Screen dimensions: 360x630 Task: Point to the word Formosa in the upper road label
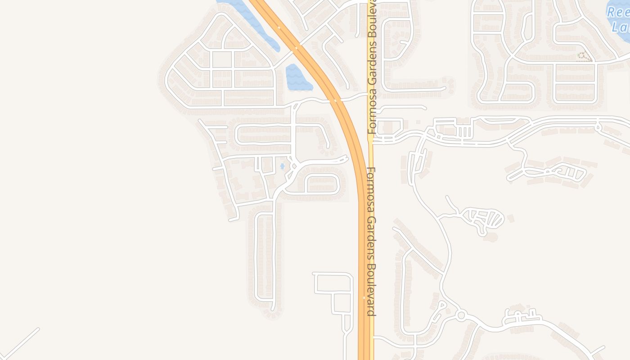point(371,115)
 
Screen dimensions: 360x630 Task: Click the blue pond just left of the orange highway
point(297,78)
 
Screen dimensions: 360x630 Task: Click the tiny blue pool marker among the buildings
point(282,166)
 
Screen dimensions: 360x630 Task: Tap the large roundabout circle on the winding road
point(460,315)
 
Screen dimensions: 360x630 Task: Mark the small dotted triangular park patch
point(584,56)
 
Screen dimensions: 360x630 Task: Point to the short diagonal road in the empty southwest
point(20,344)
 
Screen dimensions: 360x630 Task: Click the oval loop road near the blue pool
point(322,184)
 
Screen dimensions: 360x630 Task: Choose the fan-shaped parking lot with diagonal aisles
point(486,219)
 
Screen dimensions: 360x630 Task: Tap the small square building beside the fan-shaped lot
point(510,218)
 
